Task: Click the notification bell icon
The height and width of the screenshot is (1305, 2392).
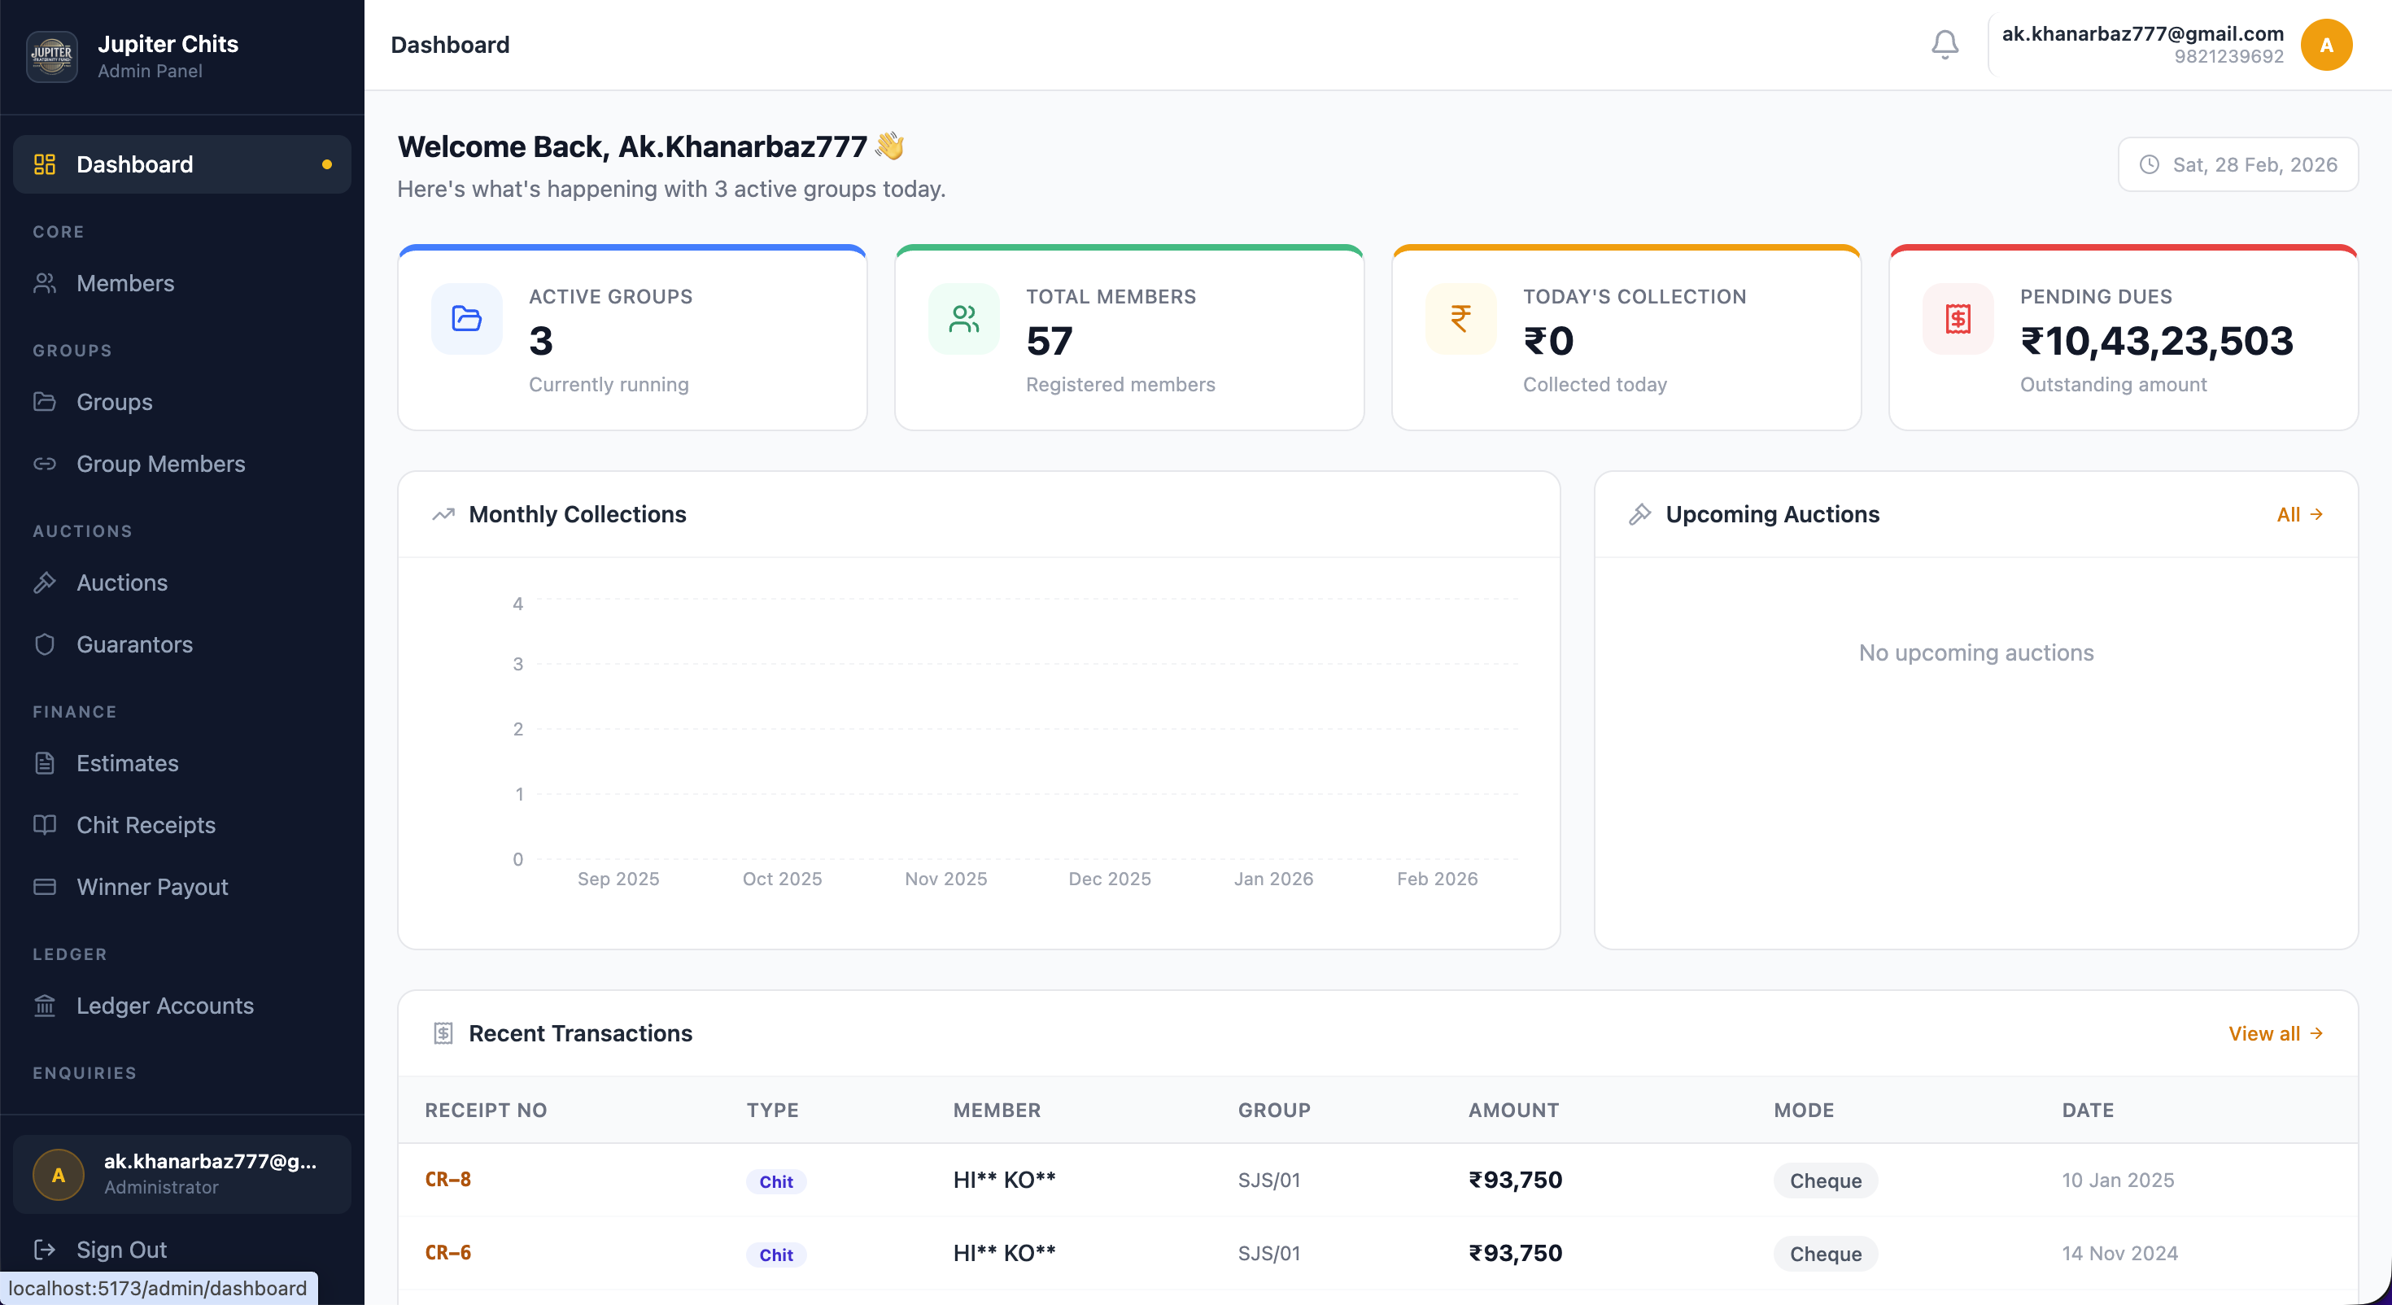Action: pyautogui.click(x=1945, y=45)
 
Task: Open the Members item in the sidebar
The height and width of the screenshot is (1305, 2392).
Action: pyautogui.click(x=125, y=283)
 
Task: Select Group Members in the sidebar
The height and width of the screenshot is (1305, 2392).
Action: pyautogui.click(x=160, y=464)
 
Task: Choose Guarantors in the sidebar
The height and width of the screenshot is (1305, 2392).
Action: pyautogui.click(x=134, y=644)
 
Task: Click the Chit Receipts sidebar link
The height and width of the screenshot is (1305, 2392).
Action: pyautogui.click(x=146, y=825)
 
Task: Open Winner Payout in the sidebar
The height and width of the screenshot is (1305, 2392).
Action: pyautogui.click(x=152, y=887)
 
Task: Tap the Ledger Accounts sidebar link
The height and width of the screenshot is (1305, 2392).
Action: pyautogui.click(x=164, y=1006)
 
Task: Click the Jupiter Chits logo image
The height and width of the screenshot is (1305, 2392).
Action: pyautogui.click(x=52, y=55)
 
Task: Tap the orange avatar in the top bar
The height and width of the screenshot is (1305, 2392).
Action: pyautogui.click(x=2326, y=45)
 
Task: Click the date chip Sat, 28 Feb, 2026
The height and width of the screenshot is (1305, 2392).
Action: pyautogui.click(x=2238, y=164)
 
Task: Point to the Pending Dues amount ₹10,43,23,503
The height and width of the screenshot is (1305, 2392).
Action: pyautogui.click(x=2156, y=341)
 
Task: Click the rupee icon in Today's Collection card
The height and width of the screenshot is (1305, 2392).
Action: pyautogui.click(x=1460, y=319)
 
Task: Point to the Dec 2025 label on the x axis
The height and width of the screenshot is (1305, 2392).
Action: pyautogui.click(x=1109, y=879)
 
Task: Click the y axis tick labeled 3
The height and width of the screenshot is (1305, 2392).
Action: pyautogui.click(x=518, y=664)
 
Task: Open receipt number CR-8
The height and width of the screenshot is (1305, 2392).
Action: pyautogui.click(x=447, y=1180)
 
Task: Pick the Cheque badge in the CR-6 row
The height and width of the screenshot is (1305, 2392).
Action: pyautogui.click(x=1825, y=1254)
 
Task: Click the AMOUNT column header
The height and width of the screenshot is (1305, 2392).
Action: pyautogui.click(x=1512, y=1110)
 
